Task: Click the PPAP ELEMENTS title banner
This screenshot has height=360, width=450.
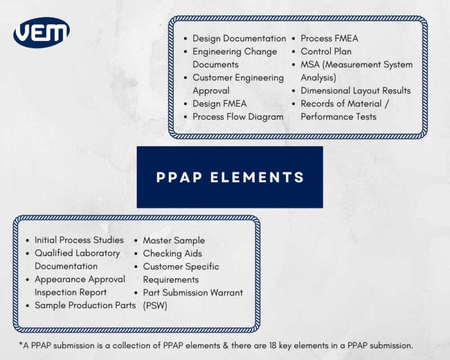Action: pyautogui.click(x=229, y=177)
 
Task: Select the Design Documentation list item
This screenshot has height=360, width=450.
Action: pyautogui.click(x=239, y=38)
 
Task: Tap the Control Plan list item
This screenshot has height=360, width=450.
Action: pyautogui.click(x=326, y=51)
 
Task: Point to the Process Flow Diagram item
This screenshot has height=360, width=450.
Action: pyautogui.click(x=238, y=116)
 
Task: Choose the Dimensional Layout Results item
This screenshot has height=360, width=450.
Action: pyautogui.click(x=355, y=91)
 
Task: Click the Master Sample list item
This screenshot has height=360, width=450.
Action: pyautogui.click(x=174, y=240)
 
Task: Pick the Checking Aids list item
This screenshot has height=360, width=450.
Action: pyautogui.click(x=172, y=253)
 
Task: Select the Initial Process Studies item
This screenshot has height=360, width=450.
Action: pyautogui.click(x=79, y=240)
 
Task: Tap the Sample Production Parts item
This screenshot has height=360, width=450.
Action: pyautogui.click(x=85, y=305)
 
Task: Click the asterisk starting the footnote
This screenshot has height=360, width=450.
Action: pyautogui.click(x=20, y=343)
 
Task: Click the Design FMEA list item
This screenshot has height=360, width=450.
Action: pyautogui.click(x=219, y=103)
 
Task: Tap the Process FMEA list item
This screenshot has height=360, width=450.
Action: pyautogui.click(x=329, y=38)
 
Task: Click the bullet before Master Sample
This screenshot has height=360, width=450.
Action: pyautogui.click(x=137, y=241)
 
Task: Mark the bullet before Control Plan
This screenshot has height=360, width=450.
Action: pyautogui.click(x=294, y=52)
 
